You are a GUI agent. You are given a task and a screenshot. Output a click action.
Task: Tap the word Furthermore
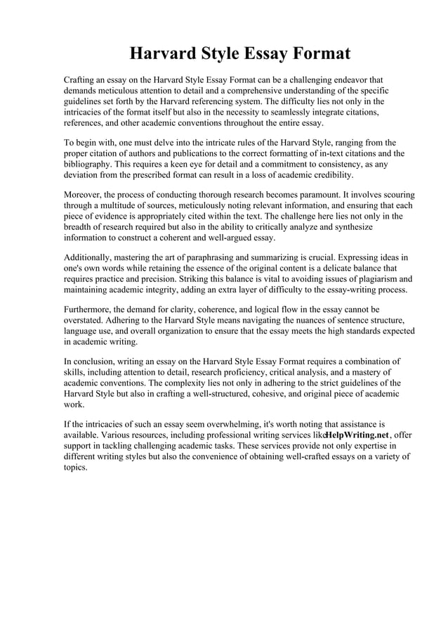click(x=91, y=309)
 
